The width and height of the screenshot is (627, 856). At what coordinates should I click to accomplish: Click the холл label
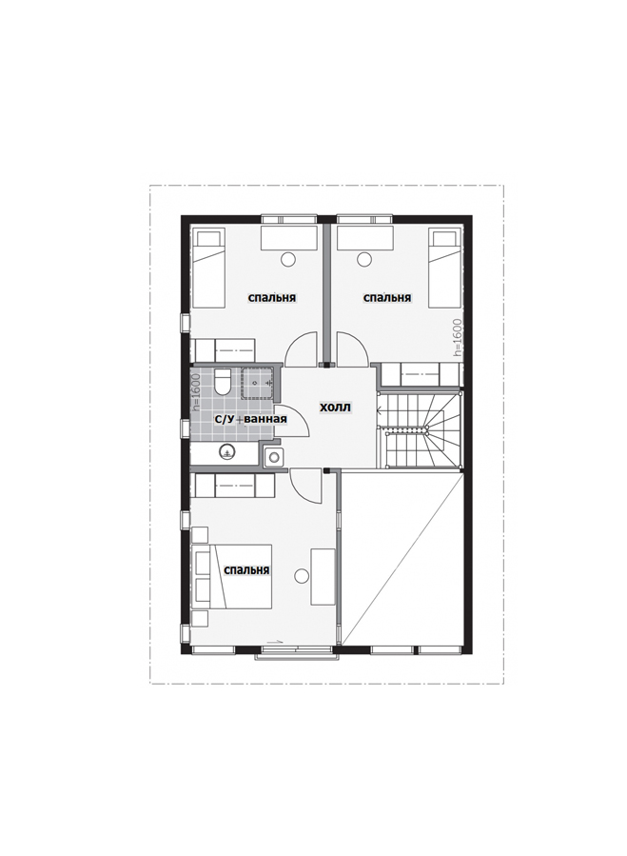click(x=335, y=408)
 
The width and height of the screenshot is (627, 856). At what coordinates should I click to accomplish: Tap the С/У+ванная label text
click(x=250, y=419)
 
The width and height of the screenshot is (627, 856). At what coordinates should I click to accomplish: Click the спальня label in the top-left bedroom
click(x=272, y=298)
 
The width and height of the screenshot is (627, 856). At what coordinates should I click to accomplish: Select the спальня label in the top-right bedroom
click(x=387, y=298)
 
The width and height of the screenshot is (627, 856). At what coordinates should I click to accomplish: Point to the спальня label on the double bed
click(x=246, y=570)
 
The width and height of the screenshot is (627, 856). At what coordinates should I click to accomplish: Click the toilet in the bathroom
click(x=223, y=381)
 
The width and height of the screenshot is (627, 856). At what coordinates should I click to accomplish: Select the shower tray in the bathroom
click(x=258, y=382)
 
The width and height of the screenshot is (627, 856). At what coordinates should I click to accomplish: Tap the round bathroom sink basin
click(x=226, y=451)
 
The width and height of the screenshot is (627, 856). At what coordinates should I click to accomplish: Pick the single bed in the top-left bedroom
click(x=209, y=269)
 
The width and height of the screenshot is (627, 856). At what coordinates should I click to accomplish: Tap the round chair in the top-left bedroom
click(x=287, y=259)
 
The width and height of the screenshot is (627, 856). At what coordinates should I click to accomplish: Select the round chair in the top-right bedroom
click(x=363, y=259)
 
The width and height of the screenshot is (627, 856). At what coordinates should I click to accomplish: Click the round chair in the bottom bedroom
click(x=301, y=575)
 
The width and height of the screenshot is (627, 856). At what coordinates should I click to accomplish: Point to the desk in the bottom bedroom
click(x=323, y=576)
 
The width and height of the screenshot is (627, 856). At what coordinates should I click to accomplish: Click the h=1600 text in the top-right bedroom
click(x=458, y=338)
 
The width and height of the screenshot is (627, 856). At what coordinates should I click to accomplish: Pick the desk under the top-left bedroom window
click(x=289, y=239)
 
